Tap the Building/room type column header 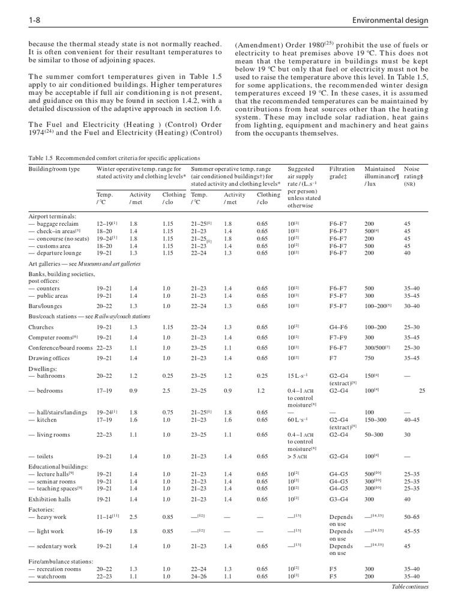point(54,169)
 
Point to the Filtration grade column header point(342,173)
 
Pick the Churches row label point(41,327)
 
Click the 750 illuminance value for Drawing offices point(370,358)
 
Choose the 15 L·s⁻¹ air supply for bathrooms point(300,376)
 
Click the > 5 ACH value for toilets point(298,456)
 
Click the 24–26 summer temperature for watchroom point(199,576)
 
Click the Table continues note point(410,586)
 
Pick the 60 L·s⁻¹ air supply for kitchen point(298,420)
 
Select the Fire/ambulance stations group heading point(61,561)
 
